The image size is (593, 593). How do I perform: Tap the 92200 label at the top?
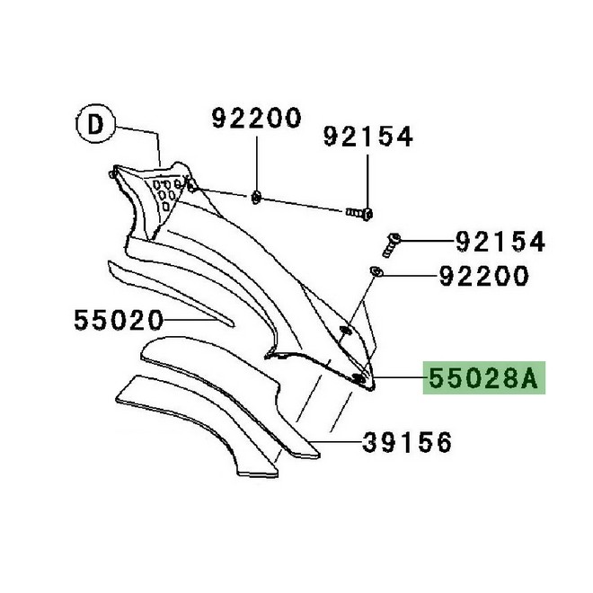[256, 118]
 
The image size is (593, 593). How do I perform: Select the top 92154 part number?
[368, 137]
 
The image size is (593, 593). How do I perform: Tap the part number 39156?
[408, 442]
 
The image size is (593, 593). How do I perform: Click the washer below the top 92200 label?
[257, 196]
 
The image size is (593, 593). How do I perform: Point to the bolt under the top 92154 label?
[362, 212]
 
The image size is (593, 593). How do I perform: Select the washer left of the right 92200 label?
[376, 271]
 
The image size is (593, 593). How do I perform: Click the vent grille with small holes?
[166, 191]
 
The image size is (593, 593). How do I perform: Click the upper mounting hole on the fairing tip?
[345, 333]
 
